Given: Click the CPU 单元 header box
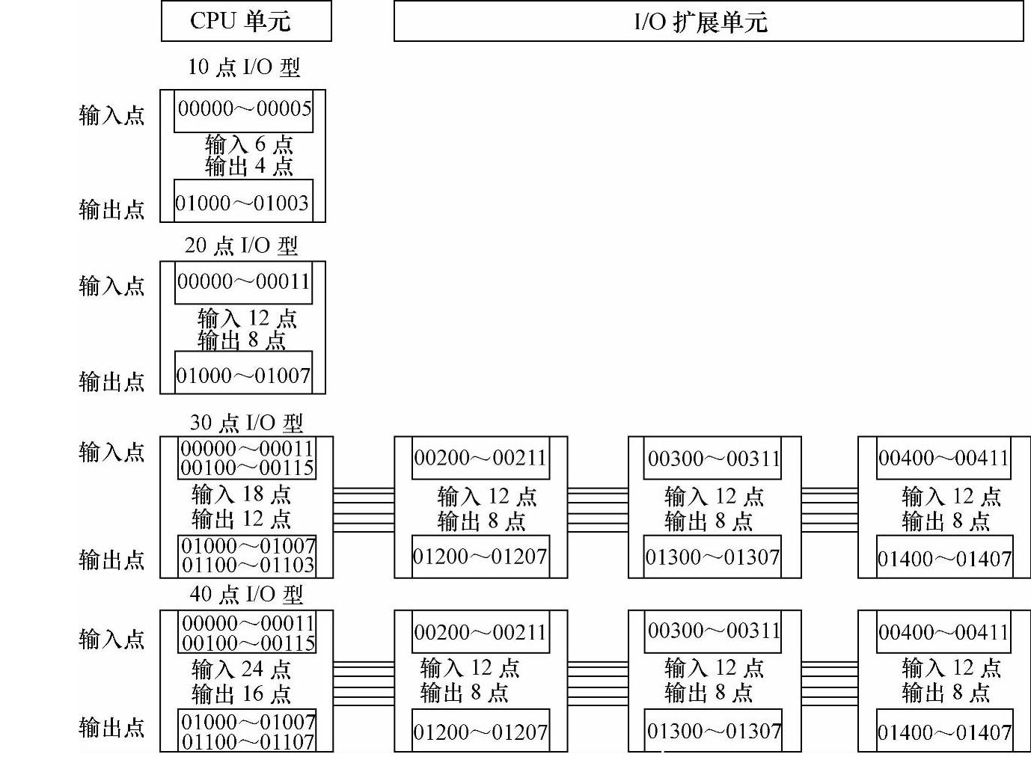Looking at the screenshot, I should [x=246, y=21].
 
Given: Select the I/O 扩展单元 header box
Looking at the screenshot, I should [x=708, y=22].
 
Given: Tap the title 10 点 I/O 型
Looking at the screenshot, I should [x=244, y=67].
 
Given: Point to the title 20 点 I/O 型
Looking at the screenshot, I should [x=242, y=245].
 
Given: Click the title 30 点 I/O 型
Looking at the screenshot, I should [x=246, y=423].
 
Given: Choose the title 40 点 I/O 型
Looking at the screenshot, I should [x=246, y=595].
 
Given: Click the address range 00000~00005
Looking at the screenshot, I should [x=245, y=109].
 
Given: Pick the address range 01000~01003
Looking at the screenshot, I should [x=242, y=203].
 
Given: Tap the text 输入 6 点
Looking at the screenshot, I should [x=249, y=144].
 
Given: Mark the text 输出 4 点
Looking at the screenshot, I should [x=249, y=166].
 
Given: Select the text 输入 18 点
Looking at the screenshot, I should [x=241, y=494].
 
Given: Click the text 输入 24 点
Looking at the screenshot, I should [x=241, y=669].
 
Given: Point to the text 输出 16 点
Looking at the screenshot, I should [x=241, y=694].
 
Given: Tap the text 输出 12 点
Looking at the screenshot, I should [x=241, y=518].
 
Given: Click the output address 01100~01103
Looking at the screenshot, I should [x=248, y=566].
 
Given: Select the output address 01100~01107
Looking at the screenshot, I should [x=248, y=741].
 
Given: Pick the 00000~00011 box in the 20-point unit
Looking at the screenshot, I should [x=243, y=282].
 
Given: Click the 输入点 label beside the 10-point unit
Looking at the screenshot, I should [x=112, y=115].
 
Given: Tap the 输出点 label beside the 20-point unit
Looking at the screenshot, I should [x=112, y=382].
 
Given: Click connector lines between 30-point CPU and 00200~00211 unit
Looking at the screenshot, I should [x=364, y=509].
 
